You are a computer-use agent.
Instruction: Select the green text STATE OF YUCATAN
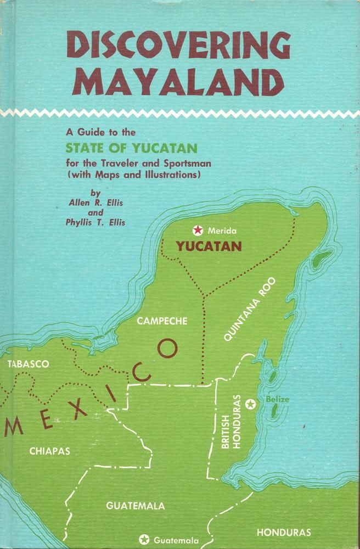pyautogui.click(x=132, y=148)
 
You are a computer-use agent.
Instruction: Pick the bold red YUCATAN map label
pyautogui.click(x=208, y=247)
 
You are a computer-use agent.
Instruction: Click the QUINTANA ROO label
pyautogui.click(x=252, y=309)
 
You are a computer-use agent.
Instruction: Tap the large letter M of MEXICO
pyautogui.click(x=13, y=426)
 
